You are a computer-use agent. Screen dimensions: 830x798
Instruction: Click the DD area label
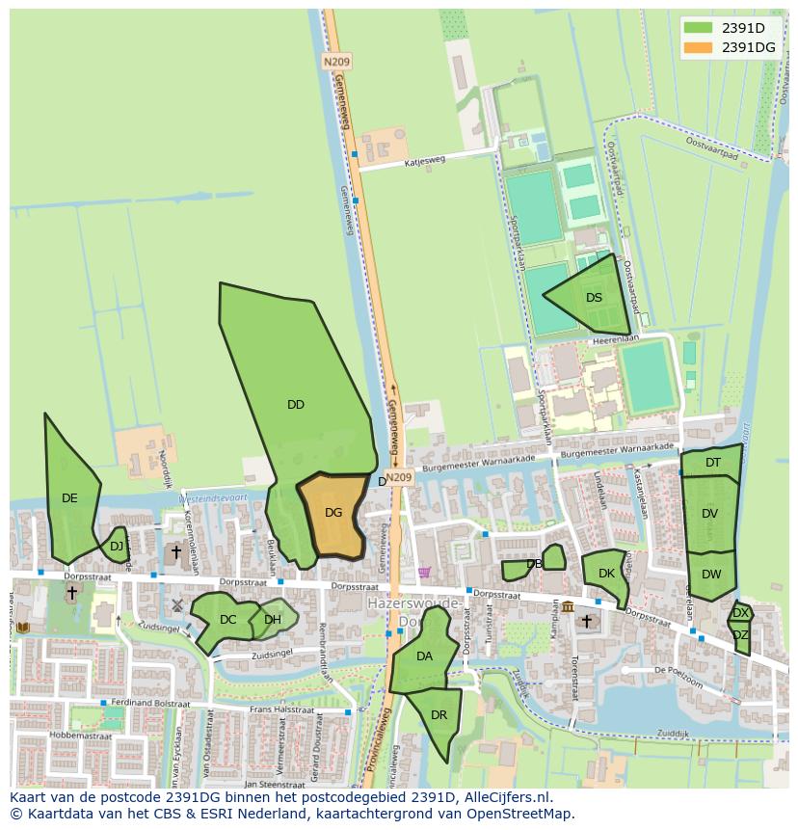pyautogui.click(x=296, y=405)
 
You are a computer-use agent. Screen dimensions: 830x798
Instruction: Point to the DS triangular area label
pyautogui.click(x=594, y=298)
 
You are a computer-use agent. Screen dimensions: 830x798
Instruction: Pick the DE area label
pyautogui.click(x=69, y=498)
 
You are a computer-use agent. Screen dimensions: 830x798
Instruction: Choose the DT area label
pyautogui.click(x=713, y=463)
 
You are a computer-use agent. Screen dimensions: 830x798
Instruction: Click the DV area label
pyautogui.click(x=710, y=514)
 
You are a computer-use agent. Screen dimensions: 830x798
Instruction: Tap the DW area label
pyautogui.click(x=711, y=575)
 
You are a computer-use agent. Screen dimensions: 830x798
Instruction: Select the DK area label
pyautogui.click(x=606, y=574)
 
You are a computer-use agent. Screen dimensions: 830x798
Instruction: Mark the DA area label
pyautogui.click(x=424, y=656)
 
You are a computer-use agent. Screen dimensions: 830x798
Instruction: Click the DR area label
pyautogui.click(x=439, y=715)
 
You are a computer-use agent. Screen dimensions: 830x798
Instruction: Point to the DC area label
pyautogui.click(x=227, y=620)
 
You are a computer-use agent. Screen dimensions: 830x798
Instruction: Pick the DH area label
pyautogui.click(x=273, y=620)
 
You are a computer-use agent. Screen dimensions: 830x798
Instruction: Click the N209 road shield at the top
pyautogui.click(x=336, y=61)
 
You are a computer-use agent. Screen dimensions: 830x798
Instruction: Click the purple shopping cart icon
pyautogui.click(x=424, y=573)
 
